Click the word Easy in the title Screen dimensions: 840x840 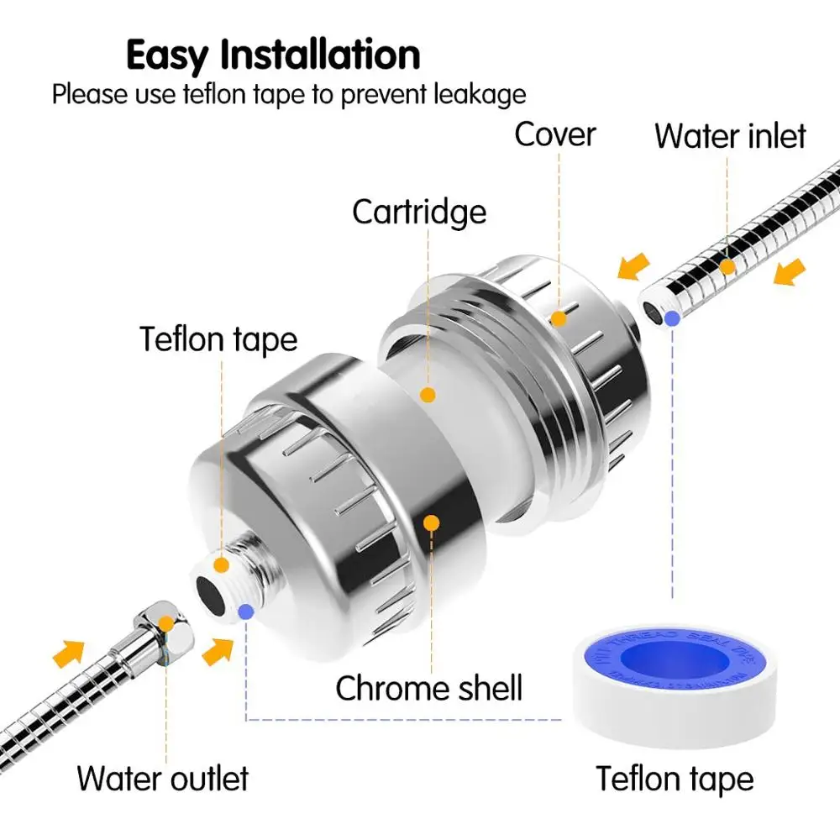166,55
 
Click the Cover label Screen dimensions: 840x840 555,134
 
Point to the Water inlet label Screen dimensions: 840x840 730,135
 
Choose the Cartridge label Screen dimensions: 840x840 419,212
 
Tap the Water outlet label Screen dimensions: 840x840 163,778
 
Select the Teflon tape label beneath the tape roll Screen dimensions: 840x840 675,779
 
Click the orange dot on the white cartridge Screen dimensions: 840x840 428,393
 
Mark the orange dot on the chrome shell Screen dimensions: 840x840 431,523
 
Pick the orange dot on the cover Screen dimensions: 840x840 559,318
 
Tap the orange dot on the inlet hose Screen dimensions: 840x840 727,265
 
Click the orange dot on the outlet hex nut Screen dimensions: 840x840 165,624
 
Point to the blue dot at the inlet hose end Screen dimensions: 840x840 672,318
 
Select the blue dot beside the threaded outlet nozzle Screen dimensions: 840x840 245,612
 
